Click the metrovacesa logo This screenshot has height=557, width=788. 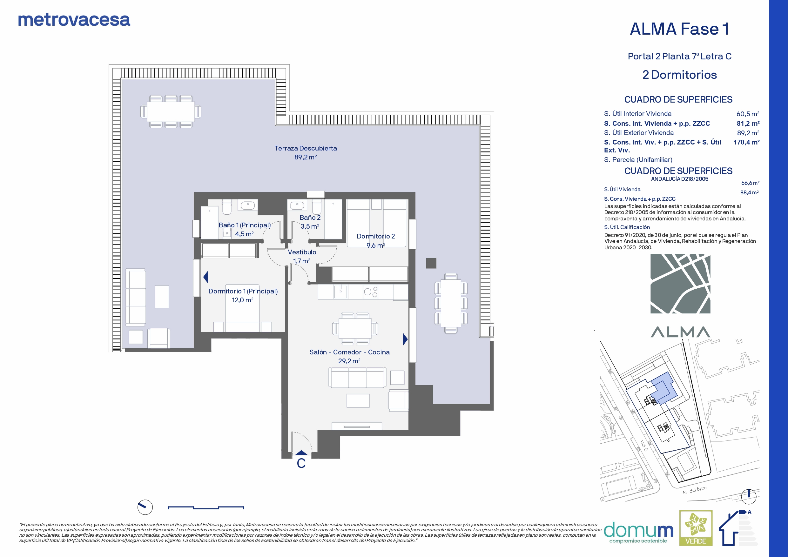(x=74, y=20)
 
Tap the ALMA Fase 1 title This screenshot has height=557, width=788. (x=680, y=29)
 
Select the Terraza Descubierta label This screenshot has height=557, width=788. (x=306, y=148)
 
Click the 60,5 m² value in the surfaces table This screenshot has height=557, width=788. (x=747, y=114)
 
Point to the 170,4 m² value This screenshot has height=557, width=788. (x=746, y=142)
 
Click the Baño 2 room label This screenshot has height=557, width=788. (x=310, y=218)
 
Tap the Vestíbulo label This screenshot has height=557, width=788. (x=302, y=252)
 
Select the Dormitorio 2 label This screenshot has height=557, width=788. (x=376, y=236)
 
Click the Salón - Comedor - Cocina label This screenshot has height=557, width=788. (x=349, y=352)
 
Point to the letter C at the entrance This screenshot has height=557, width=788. (x=301, y=464)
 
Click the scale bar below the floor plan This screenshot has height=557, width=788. (x=206, y=507)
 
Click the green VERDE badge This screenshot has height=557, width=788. (x=696, y=528)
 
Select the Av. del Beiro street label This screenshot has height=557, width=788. (x=694, y=490)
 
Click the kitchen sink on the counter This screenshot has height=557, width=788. (x=340, y=292)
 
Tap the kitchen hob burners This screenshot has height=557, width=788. (x=371, y=292)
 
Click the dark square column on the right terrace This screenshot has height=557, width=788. (x=431, y=263)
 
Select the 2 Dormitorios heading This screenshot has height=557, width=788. (x=680, y=75)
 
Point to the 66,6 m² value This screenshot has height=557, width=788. (x=750, y=183)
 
